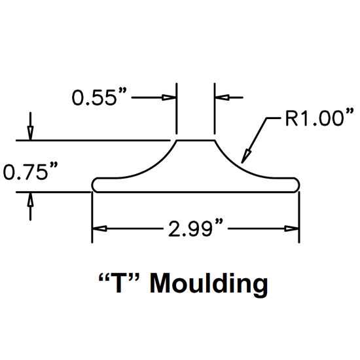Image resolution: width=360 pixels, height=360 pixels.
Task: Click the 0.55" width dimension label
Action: (99, 97)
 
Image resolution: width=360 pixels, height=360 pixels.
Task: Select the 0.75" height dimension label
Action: (30, 171)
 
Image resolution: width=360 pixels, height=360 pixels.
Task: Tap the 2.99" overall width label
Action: (196, 228)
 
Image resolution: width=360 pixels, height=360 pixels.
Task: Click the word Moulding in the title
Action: (209, 284)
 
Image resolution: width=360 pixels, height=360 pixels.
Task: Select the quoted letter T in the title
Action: (119, 282)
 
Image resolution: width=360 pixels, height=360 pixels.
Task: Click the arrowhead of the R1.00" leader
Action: (246, 156)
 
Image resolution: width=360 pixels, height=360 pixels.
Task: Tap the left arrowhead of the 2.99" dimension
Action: (99, 228)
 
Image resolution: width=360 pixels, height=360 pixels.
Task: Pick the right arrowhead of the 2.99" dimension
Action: (292, 228)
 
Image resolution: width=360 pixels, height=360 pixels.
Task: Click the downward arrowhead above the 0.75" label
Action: (30, 133)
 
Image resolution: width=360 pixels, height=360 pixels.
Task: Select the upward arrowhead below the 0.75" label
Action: (30, 199)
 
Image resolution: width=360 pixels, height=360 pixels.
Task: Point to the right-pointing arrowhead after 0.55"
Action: (169, 98)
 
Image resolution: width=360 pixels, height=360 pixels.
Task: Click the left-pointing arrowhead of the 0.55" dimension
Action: (222, 98)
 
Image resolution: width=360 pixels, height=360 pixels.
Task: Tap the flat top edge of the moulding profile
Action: (196, 140)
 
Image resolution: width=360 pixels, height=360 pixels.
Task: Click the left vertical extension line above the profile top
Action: (176, 109)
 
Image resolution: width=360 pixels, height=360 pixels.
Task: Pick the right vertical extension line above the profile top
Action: (215, 109)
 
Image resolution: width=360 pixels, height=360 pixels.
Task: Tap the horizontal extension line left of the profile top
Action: (93, 140)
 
